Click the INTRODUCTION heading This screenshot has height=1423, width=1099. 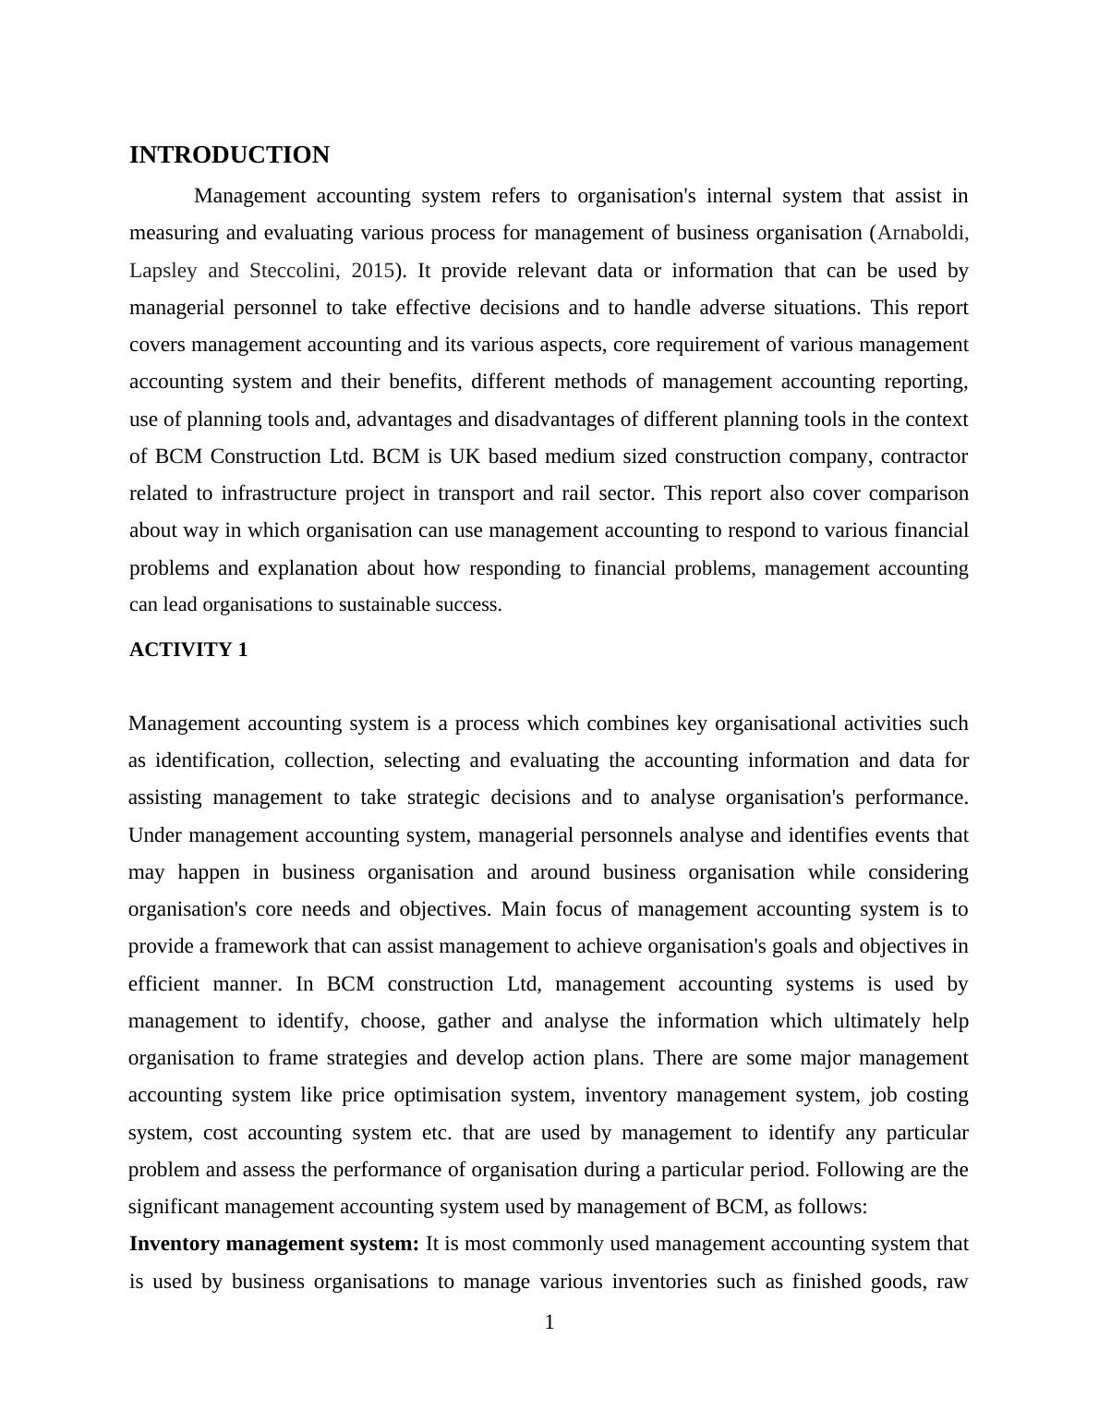point(229,155)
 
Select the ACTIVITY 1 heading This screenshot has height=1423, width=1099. point(188,650)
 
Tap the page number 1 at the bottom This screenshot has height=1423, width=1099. point(549,1322)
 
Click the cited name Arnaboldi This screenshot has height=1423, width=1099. point(922,233)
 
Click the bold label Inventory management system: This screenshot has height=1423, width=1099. point(274,1244)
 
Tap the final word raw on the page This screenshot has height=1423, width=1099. point(951,1282)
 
